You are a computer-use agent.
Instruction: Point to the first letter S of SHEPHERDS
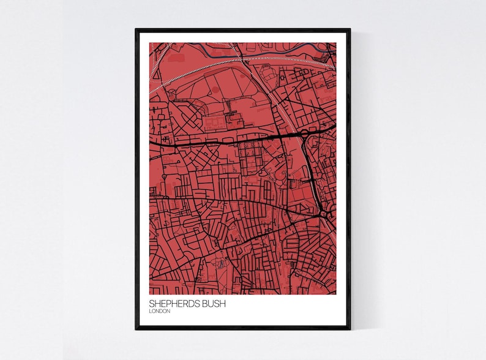(151, 303)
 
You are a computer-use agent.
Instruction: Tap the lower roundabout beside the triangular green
(323, 214)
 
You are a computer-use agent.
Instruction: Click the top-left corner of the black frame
(136, 29)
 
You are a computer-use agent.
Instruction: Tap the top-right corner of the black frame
(350, 29)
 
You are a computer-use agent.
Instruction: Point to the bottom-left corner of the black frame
(136, 329)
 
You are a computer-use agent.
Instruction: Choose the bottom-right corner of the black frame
(350, 329)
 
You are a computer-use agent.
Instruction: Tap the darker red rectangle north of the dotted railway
(176, 58)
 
